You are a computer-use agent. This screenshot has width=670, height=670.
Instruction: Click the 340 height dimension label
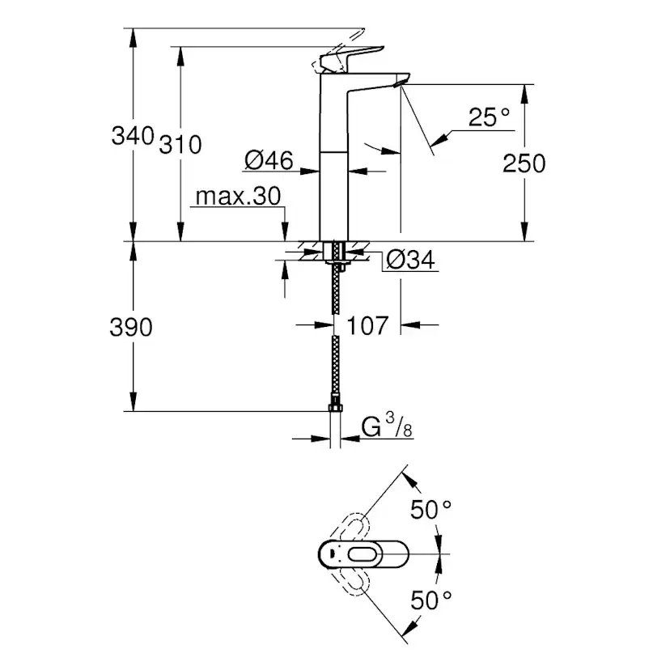132,134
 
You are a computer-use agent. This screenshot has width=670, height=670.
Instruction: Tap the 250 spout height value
524,163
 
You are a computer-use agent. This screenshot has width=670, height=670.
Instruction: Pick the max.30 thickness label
237,197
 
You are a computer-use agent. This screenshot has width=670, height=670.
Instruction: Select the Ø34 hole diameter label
410,260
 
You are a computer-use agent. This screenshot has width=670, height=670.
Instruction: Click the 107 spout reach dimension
367,326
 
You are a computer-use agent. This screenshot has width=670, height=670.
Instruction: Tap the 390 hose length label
131,327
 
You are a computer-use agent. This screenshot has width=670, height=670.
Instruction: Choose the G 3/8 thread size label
387,426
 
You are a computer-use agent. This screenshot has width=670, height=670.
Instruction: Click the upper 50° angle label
430,510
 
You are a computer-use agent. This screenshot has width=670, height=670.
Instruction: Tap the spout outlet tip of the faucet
401,83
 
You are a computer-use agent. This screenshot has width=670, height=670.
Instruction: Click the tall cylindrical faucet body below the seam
334,194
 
